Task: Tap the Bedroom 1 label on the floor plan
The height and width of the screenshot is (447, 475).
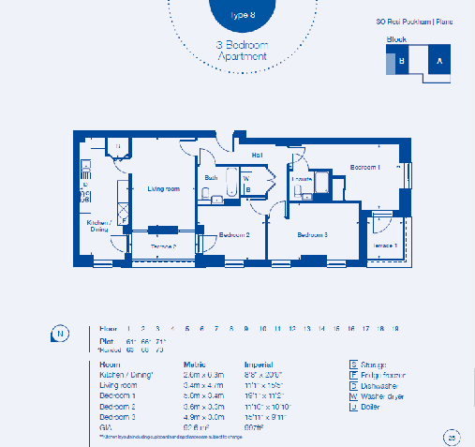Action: click(x=365, y=167)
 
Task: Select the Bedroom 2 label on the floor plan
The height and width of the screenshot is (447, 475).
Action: click(x=233, y=235)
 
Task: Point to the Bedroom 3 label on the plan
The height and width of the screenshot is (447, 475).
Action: click(x=312, y=234)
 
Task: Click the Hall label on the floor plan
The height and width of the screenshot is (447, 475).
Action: click(x=257, y=156)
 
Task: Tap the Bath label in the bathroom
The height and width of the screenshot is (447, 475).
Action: click(x=212, y=177)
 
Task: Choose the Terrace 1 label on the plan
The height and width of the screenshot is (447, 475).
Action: click(x=385, y=245)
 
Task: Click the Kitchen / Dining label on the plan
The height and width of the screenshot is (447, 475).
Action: click(x=100, y=226)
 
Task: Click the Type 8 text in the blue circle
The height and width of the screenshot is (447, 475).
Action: click(x=243, y=16)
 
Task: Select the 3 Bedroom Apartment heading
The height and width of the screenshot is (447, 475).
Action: click(x=243, y=51)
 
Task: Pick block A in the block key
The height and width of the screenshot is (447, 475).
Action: click(x=438, y=61)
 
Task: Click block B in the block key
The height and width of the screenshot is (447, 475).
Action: click(x=401, y=61)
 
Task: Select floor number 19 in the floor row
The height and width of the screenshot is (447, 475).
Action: click(x=395, y=329)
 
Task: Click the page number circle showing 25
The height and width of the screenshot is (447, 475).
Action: click(x=452, y=435)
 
